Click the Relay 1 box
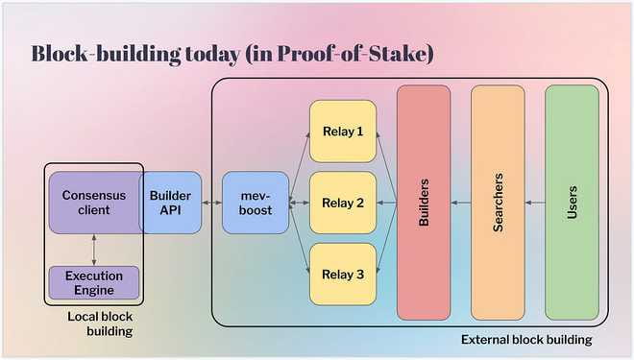point(343,132)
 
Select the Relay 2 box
point(343,203)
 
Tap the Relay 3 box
point(343,274)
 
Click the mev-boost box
point(256,203)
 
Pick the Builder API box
point(170,203)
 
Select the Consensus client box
point(95,203)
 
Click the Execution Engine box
point(94,282)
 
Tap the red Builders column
point(424,203)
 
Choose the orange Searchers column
point(498,203)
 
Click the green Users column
point(573,203)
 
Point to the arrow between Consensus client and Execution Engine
point(94,250)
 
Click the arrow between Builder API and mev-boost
point(212,203)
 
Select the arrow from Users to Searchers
point(535,203)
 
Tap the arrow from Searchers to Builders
point(461,203)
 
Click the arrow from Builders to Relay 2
point(386,203)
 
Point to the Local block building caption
point(100,324)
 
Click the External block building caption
point(526,340)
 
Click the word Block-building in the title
point(107,54)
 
